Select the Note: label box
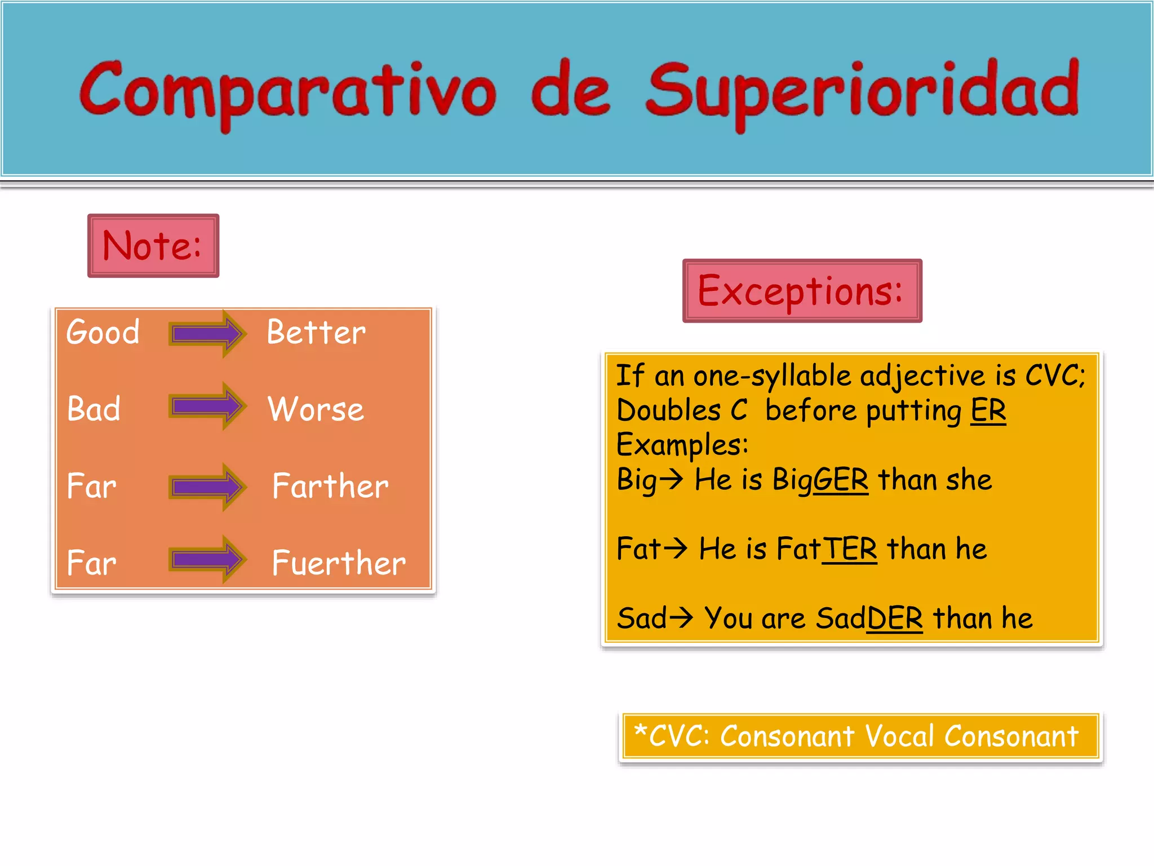pos(153,246)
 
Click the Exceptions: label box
pos(802,291)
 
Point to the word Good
pos(103,332)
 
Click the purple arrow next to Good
pos(207,333)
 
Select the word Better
pos(316,332)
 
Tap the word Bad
pos(94,409)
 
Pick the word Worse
pos(316,409)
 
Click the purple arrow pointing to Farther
pos(207,487)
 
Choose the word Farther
pos(330,486)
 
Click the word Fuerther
pos(338,563)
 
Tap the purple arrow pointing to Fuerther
pos(207,559)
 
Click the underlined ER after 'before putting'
pos(988,410)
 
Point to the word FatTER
pos(826,549)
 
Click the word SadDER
pos(869,618)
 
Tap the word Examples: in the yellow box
pos(682,445)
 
